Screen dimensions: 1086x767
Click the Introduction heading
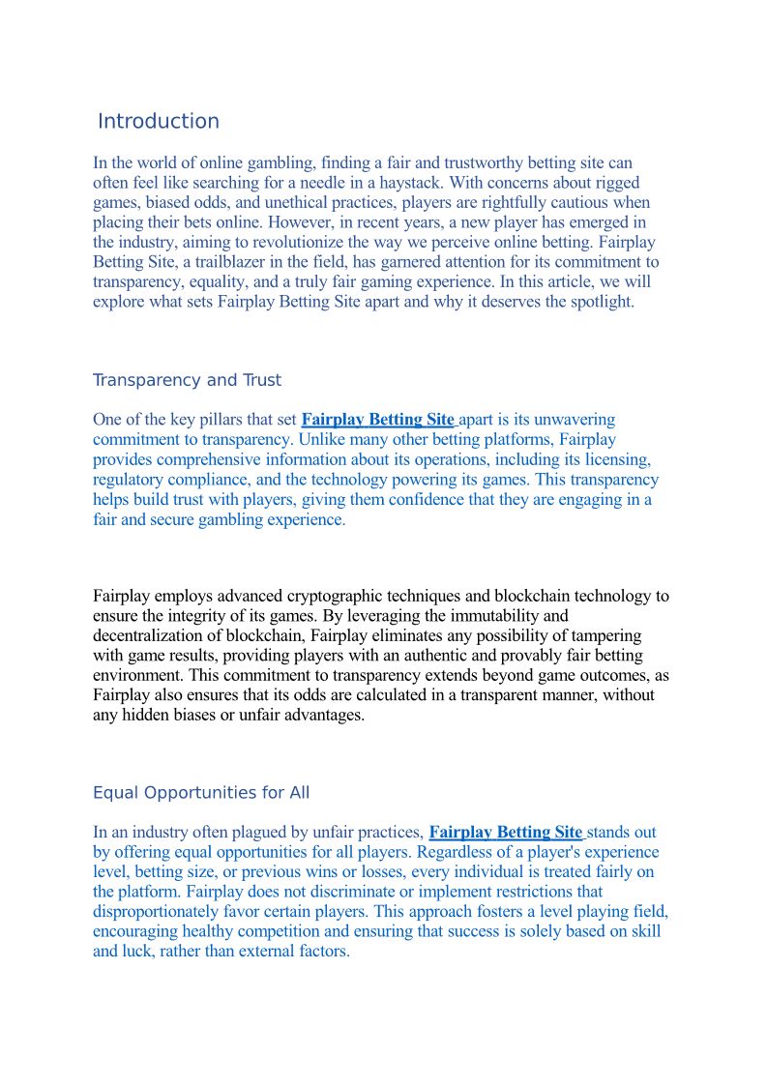(x=159, y=122)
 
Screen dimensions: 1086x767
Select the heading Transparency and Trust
(x=187, y=380)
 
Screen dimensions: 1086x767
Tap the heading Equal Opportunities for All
(x=201, y=793)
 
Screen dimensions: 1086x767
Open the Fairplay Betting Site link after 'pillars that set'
(x=377, y=420)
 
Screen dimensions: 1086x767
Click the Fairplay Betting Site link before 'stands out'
(x=505, y=833)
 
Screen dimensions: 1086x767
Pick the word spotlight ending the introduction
(x=600, y=302)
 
